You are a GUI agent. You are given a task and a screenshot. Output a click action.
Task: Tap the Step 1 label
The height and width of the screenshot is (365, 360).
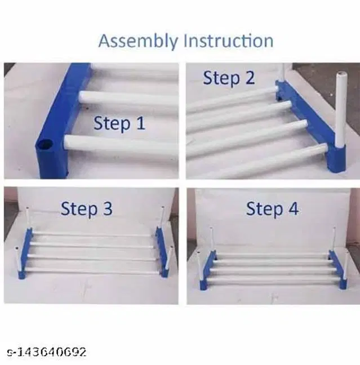click(x=119, y=123)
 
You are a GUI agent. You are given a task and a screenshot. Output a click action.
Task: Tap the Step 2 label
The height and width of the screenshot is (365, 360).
click(x=229, y=78)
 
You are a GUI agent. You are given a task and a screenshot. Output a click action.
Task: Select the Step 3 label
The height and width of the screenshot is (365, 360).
click(x=86, y=208)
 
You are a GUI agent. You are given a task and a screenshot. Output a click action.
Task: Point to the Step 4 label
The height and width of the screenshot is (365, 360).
click(x=272, y=209)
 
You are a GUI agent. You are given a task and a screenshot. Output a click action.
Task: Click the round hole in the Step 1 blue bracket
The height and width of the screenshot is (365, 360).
click(x=45, y=145)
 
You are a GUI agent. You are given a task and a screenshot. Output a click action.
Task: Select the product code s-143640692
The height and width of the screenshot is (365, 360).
click(x=47, y=352)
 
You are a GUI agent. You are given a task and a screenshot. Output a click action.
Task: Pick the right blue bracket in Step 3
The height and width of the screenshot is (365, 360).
click(x=162, y=252)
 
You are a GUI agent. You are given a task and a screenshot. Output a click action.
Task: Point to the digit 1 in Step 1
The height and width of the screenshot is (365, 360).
click(x=140, y=123)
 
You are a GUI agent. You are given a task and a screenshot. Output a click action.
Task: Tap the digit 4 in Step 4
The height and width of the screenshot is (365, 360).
click(x=293, y=209)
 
